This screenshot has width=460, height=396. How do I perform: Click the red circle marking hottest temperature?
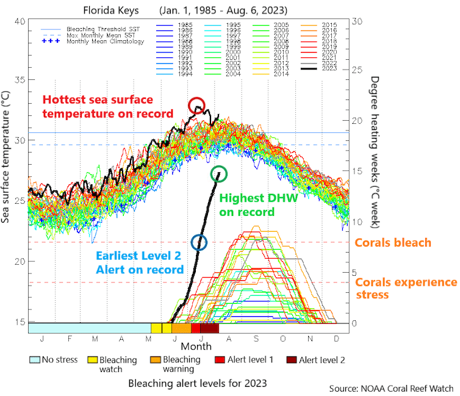[196, 106]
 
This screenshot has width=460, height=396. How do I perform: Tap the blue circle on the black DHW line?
[199, 242]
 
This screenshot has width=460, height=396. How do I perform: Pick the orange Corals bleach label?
[393, 243]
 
